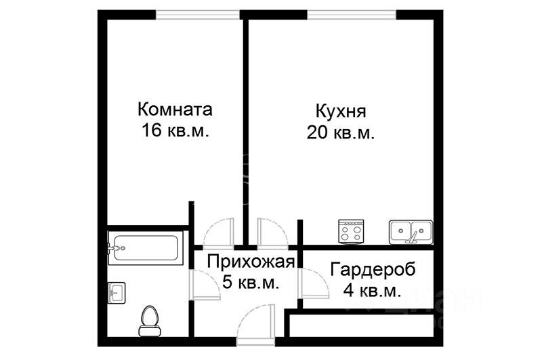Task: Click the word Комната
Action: (175, 109)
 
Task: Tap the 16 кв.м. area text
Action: (175, 131)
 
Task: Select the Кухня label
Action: (341, 111)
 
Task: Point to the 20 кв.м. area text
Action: (341, 132)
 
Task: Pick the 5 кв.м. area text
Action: (251, 283)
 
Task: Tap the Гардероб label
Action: (373, 270)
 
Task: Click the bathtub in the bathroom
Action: (145, 248)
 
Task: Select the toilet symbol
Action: (148, 319)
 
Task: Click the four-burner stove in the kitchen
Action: (352, 232)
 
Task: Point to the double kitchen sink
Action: (411, 232)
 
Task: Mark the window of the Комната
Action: (197, 14)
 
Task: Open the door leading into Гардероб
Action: (311, 283)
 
